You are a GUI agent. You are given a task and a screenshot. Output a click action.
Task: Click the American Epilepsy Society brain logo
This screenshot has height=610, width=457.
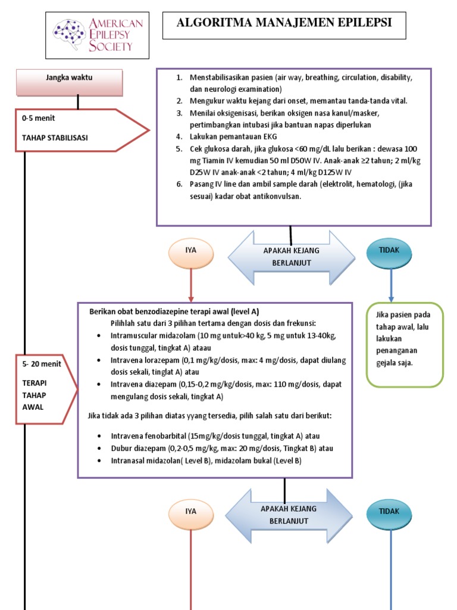coord(70,35)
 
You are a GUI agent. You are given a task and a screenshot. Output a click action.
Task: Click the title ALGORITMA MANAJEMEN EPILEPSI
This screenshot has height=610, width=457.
coord(284,23)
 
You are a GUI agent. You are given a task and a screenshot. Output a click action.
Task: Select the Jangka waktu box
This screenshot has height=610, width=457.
coord(70,77)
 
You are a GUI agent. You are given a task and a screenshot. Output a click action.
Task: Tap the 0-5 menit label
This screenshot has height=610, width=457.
coord(38,119)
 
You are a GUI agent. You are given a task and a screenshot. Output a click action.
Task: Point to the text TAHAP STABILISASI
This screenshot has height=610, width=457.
coord(55,138)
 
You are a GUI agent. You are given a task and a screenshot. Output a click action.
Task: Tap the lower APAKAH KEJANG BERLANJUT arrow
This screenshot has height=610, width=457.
coord(289,515)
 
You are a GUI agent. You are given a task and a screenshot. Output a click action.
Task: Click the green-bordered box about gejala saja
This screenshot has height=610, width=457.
coord(405,345)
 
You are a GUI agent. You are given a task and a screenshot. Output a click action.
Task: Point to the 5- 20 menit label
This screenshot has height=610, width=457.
coord(41,364)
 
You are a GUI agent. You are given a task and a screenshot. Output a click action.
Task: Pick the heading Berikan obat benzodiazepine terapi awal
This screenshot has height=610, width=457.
coord(174,312)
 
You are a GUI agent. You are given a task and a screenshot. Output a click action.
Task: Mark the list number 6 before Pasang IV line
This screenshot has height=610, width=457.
coord(179,184)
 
